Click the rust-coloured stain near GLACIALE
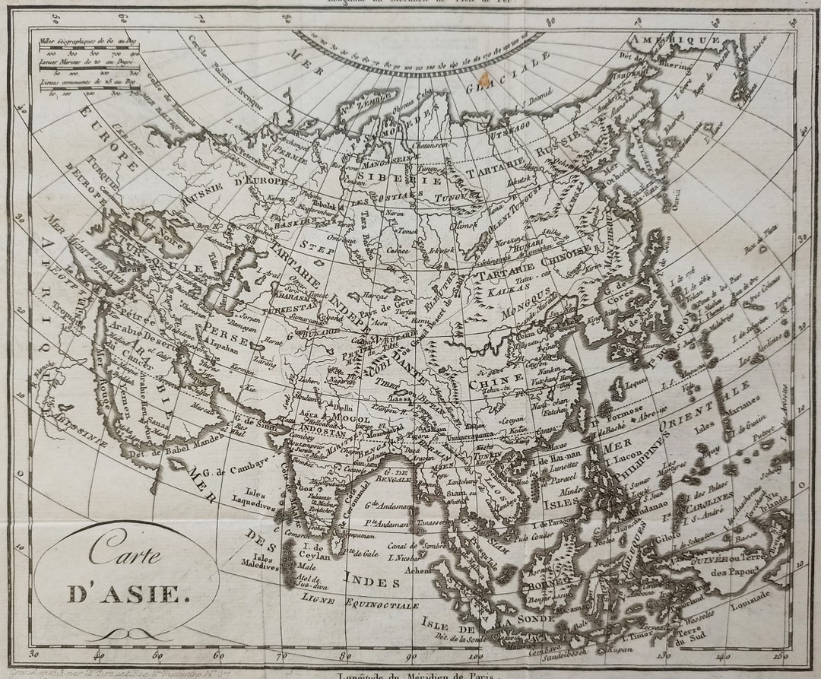pyautogui.click(x=483, y=79)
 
